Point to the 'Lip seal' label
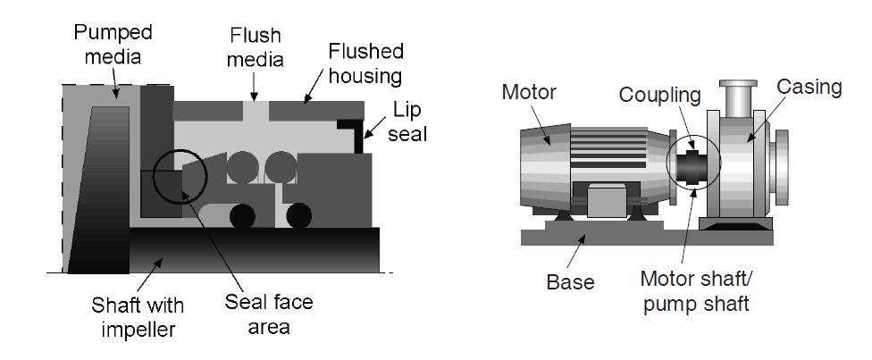408,121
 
